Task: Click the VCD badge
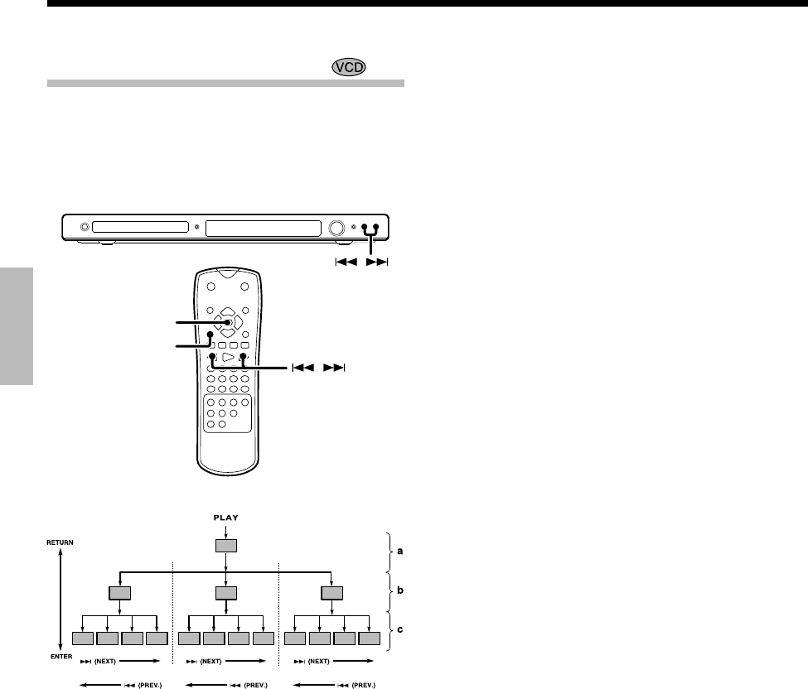tap(349, 67)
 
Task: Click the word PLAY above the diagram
tap(225, 518)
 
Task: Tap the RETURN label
tap(60, 542)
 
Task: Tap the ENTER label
tap(61, 657)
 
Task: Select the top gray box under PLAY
tap(225, 546)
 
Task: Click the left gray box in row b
tap(119, 593)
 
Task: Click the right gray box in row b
tap(331, 593)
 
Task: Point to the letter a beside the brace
tap(400, 551)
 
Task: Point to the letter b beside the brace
tap(400, 590)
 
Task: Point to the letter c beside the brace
tap(400, 629)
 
